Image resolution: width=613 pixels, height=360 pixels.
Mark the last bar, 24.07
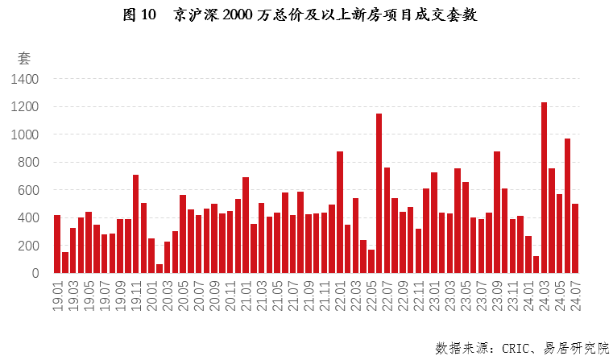click(575, 238)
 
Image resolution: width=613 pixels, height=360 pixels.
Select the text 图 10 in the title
click(139, 15)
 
